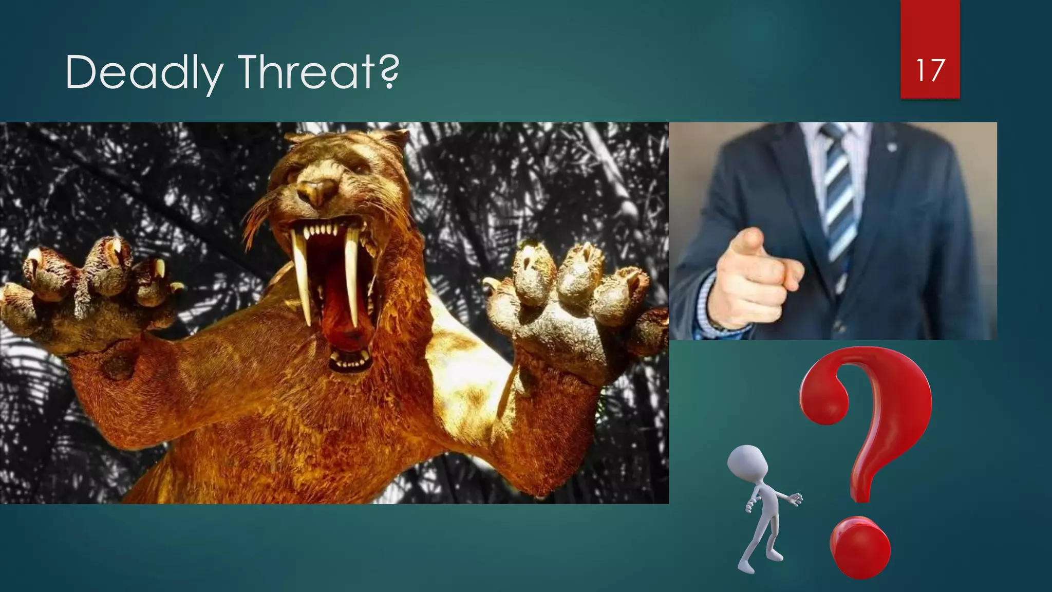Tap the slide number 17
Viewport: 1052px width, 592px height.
tap(930, 70)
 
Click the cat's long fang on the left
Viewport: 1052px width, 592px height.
tap(303, 277)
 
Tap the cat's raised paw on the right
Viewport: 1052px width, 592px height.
tap(570, 303)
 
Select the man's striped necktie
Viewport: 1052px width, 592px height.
tap(838, 200)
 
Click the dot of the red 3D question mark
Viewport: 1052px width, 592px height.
tap(860, 547)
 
